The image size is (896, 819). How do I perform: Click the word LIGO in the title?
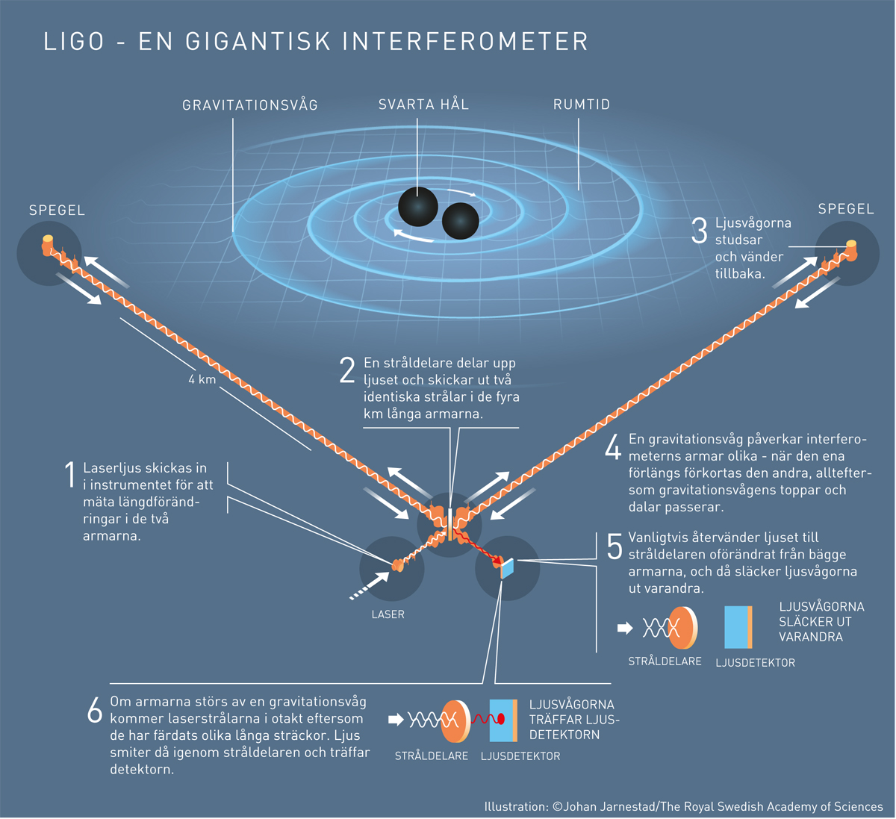tap(74, 42)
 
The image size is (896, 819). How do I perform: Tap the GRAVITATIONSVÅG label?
tap(250, 105)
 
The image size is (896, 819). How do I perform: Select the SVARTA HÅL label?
tap(423, 105)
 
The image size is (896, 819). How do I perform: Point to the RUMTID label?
tap(582, 105)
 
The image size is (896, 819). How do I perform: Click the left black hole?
tap(418, 207)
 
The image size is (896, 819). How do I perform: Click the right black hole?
tap(461, 221)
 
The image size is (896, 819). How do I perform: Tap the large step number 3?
tap(700, 231)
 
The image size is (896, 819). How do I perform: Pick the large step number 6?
tap(95, 711)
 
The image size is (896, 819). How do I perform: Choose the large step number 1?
tap(70, 474)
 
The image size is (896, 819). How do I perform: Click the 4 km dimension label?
tap(202, 379)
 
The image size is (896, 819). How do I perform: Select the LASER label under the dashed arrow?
tap(388, 614)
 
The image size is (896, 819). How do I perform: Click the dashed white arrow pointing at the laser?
tap(370, 585)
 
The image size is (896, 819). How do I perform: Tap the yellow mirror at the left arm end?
tap(47, 240)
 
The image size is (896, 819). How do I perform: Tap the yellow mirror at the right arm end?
tap(851, 244)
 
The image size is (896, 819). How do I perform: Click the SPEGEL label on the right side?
tap(846, 208)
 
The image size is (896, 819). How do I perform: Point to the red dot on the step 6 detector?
tap(501, 718)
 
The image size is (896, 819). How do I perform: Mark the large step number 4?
tap(613, 446)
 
